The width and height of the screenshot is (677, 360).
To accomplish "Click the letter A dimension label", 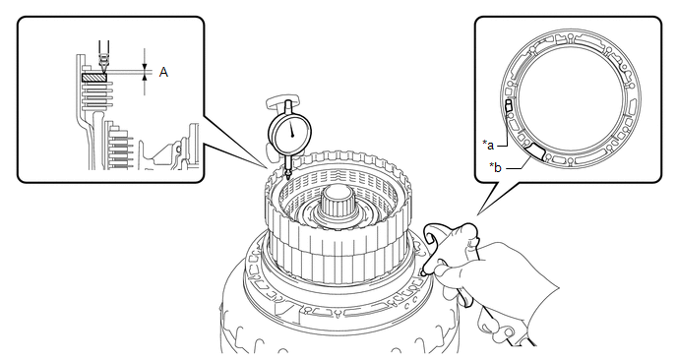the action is point(163,72).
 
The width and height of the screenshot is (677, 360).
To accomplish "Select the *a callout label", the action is point(488,145).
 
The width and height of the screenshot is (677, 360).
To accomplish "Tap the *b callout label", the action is point(495,167).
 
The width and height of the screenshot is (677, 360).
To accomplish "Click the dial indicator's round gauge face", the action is point(290,133).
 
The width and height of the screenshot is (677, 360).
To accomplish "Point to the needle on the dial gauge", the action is point(291,128).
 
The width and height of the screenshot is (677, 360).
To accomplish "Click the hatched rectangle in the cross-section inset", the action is point(94,78).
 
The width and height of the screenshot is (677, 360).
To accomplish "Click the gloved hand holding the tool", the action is point(497,271).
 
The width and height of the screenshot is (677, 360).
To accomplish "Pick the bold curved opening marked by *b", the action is point(535,151).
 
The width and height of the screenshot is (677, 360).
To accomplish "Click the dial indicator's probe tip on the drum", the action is point(287,175).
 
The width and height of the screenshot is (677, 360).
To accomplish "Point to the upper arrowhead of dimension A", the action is point(145,66).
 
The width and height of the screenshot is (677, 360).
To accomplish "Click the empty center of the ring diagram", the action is point(570,99).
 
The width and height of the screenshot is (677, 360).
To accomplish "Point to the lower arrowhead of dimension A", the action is point(145,77).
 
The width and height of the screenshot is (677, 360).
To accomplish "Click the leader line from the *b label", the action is point(519,164).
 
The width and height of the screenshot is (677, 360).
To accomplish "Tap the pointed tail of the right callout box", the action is point(477,214).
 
